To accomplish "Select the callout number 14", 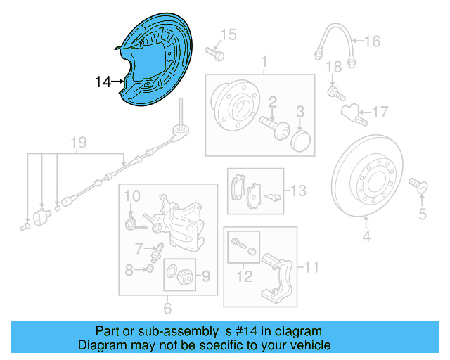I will pos(103,83).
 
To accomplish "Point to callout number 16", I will pos(372,41).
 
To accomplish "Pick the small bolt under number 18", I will pos(335,91).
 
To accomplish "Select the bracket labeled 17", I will pos(352,112).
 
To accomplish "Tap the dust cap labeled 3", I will pos(300,139).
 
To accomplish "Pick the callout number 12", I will pos(243,276).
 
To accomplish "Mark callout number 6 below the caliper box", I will pos(167,308).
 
